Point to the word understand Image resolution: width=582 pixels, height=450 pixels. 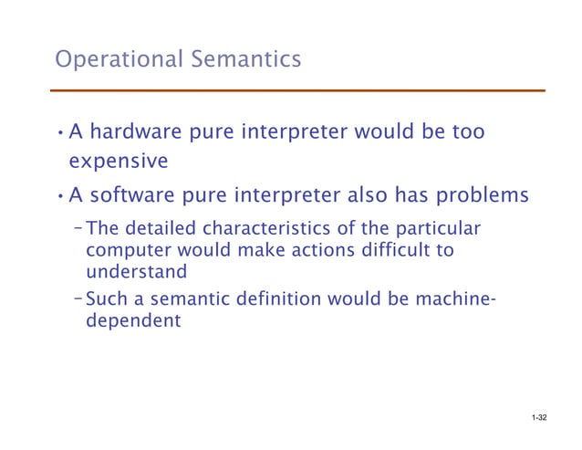coord(136,271)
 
